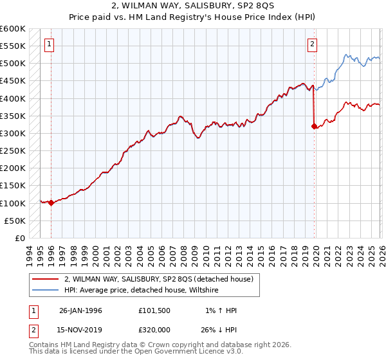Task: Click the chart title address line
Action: tap(193, 6)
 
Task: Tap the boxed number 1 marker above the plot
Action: tap(50, 44)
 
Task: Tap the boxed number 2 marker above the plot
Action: tap(312, 44)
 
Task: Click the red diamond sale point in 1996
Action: tap(51, 203)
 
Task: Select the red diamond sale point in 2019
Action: tap(314, 127)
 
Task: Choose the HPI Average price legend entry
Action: tap(142, 291)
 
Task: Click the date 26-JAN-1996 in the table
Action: tap(80, 310)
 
